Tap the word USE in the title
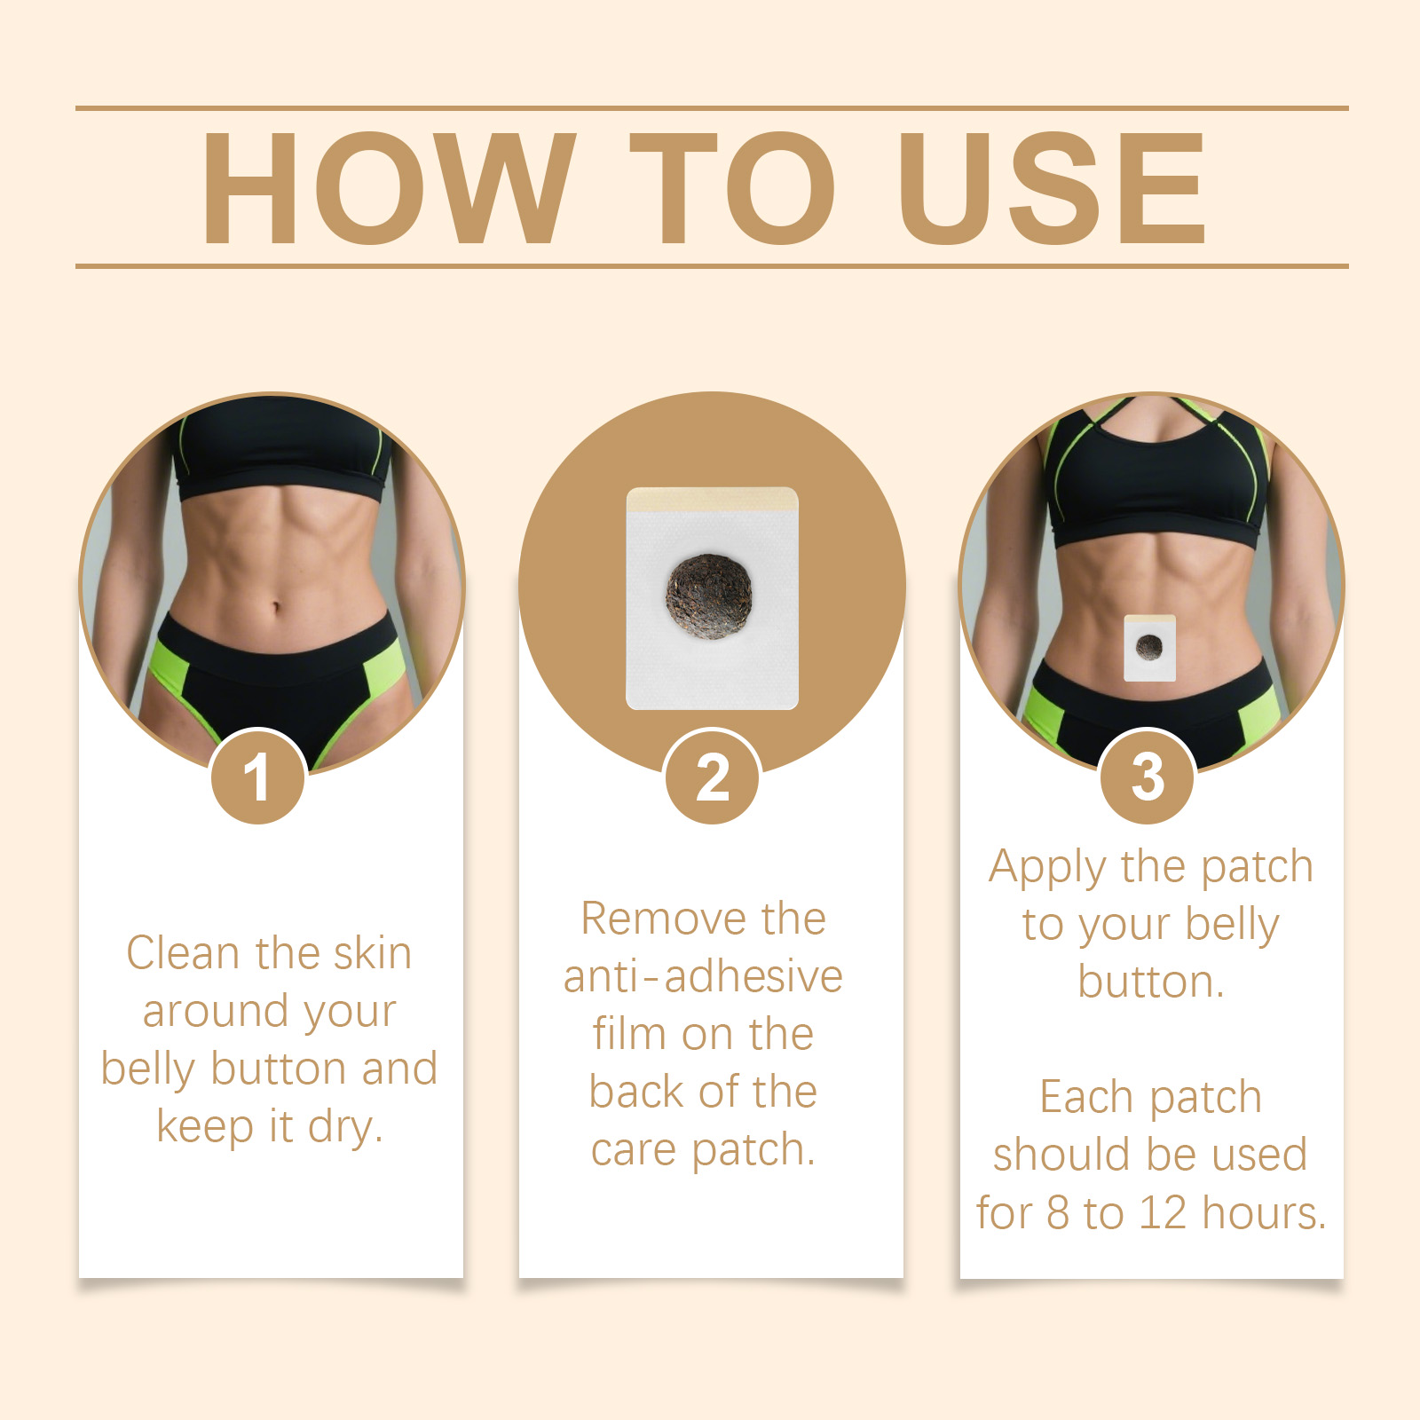tap(1053, 187)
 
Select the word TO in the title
tap(732, 187)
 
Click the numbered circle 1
tap(258, 777)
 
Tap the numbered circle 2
tap(713, 777)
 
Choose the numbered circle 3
tap(1148, 777)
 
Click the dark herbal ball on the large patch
tap(709, 596)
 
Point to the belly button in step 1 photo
tap(275, 609)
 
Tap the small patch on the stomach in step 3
tap(1149, 648)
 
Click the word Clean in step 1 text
tap(184, 953)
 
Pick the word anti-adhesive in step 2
tap(703, 976)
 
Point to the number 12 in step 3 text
tap(1164, 1212)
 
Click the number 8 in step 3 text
tap(1058, 1212)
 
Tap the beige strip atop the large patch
tap(713, 500)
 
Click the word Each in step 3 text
tap(1085, 1097)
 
